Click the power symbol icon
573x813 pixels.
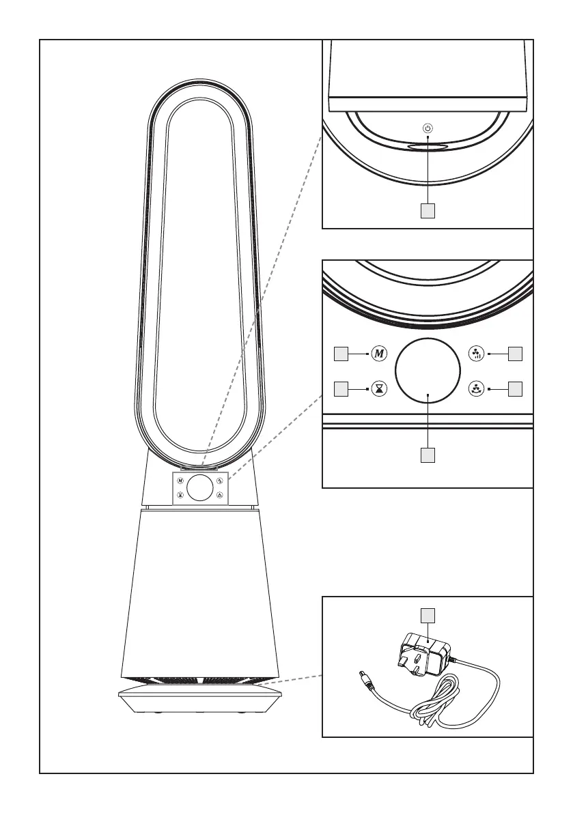point(428,128)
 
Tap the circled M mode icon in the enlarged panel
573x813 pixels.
point(380,354)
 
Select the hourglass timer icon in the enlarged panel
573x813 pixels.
point(380,389)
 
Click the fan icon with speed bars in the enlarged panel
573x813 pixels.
point(476,354)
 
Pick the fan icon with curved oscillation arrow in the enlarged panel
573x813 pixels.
point(476,389)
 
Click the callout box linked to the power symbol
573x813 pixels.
point(428,211)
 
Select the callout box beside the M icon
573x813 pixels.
point(341,354)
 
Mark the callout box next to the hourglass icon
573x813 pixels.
point(341,389)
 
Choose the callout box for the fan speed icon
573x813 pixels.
point(515,354)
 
